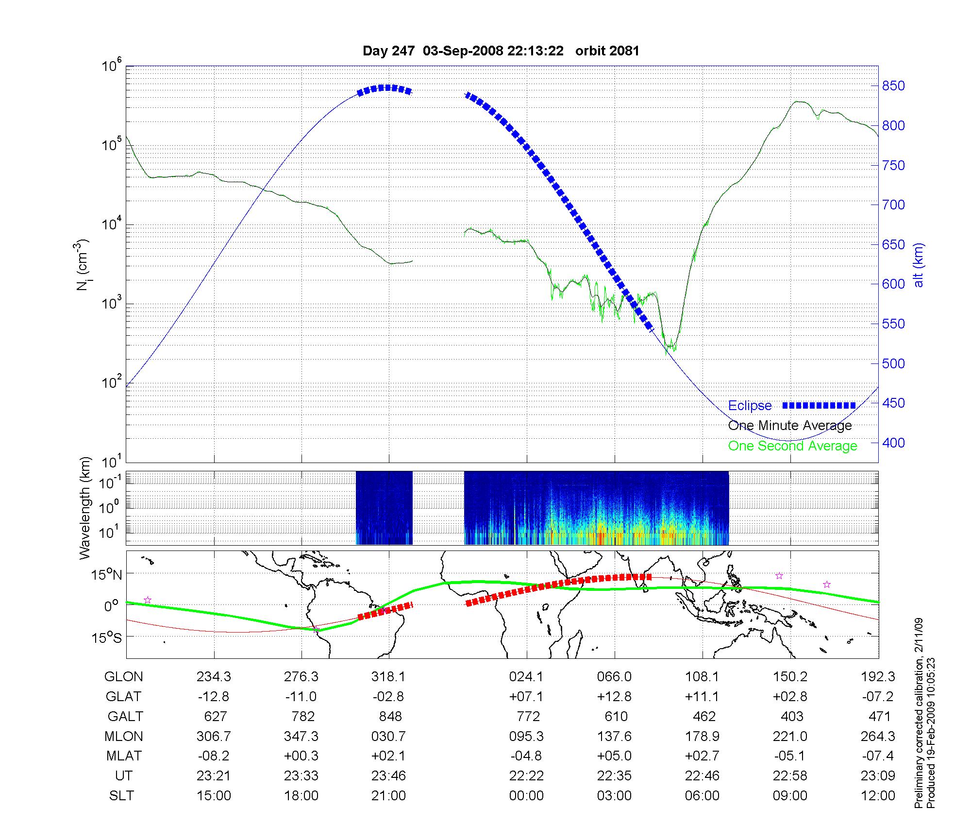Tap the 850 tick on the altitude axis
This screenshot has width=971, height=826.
click(893, 86)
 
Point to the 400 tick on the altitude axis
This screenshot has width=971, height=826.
click(893, 443)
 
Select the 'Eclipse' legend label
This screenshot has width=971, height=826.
click(750, 406)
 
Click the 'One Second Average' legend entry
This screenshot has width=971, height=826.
click(792, 446)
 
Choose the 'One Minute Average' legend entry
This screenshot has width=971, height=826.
click(790, 426)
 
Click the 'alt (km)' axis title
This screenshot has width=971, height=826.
click(919, 265)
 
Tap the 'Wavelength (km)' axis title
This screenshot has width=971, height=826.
click(85, 508)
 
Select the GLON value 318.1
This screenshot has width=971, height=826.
click(388, 677)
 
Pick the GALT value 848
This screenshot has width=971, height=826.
click(390, 717)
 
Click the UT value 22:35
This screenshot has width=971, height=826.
click(615, 776)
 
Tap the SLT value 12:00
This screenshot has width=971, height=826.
click(878, 796)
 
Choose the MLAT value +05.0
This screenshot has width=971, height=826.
click(615, 756)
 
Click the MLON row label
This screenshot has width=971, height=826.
click(124, 737)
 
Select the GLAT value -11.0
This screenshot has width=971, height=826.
click(301, 697)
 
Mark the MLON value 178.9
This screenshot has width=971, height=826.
click(702, 737)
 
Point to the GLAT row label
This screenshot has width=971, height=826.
click(123, 697)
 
